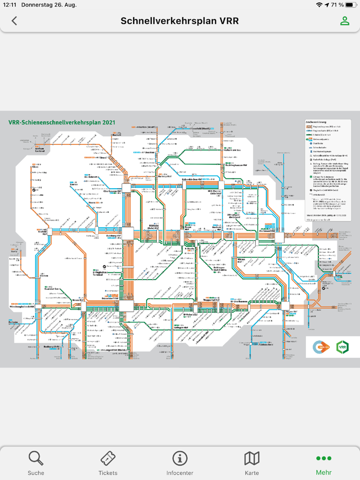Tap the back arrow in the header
tap(14, 21)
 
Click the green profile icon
tap(344, 21)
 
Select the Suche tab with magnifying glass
tap(36, 463)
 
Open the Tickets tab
tap(108, 463)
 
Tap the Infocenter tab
tap(180, 463)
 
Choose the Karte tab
tap(252, 463)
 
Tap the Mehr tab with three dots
tap(324, 463)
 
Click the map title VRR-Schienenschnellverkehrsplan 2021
tap(62, 123)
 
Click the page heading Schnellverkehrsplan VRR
tap(179, 21)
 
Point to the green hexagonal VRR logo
tap(342, 347)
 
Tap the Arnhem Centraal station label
tap(40, 150)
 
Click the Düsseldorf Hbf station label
tap(110, 298)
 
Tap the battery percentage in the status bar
tap(337, 5)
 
